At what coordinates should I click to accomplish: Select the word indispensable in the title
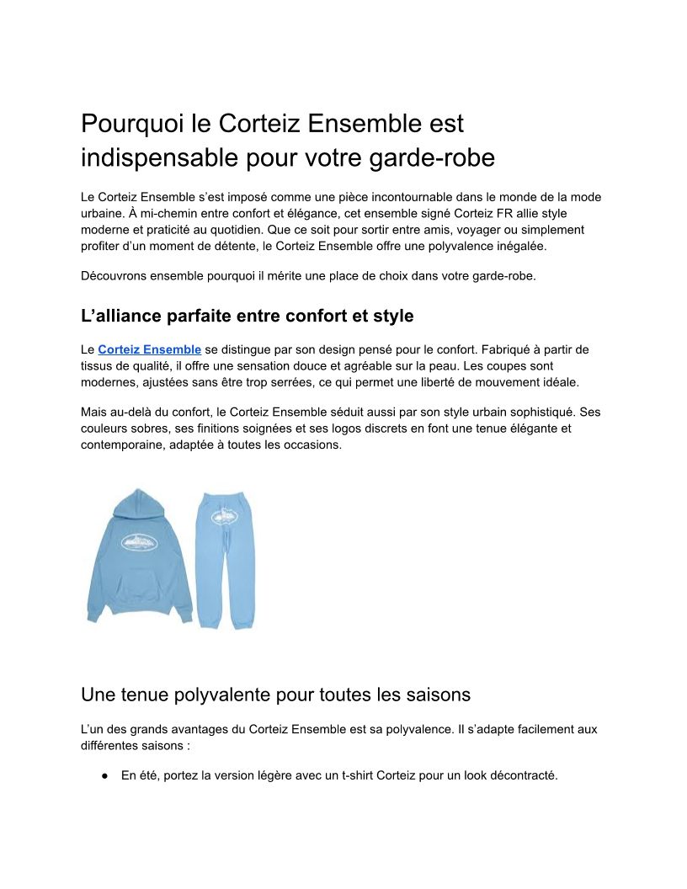[x=159, y=157]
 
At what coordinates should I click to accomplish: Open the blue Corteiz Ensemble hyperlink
[x=149, y=349]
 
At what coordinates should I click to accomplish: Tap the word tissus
[x=98, y=365]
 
